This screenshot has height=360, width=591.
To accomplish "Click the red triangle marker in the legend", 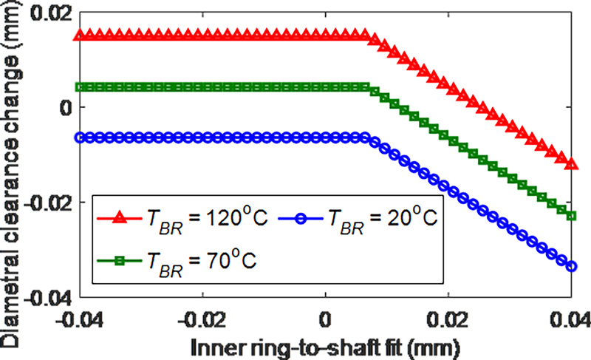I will click(x=118, y=218).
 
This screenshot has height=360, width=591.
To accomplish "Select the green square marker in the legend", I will click(x=118, y=260).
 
